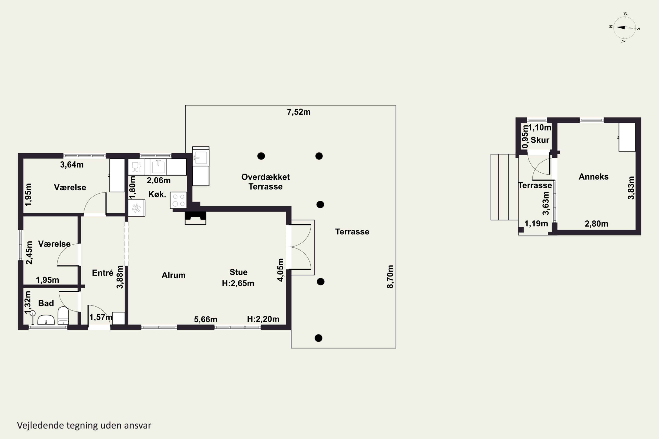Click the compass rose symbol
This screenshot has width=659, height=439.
point(625,28)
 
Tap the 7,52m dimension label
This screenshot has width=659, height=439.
point(299,112)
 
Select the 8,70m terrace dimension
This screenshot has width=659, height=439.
point(390,277)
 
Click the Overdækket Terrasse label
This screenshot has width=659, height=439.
point(266,182)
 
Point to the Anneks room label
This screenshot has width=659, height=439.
point(594,177)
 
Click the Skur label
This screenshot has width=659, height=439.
point(540,140)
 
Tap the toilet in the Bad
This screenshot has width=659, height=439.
point(63,316)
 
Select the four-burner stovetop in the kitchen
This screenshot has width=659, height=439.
point(178,200)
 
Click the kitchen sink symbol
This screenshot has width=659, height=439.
point(158,167)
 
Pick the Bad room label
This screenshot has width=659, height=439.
point(46,303)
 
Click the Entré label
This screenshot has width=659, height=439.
point(103,273)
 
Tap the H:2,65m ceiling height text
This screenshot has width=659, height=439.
point(238,283)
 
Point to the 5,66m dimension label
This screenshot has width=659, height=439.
point(206,319)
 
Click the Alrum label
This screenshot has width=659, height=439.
point(174,275)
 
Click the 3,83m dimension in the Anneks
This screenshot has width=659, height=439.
point(631,188)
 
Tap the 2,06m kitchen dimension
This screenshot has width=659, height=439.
point(159,180)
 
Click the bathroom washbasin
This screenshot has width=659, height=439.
point(46,320)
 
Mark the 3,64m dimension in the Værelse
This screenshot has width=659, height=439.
point(72,165)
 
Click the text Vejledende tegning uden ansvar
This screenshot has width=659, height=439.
point(84,425)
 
